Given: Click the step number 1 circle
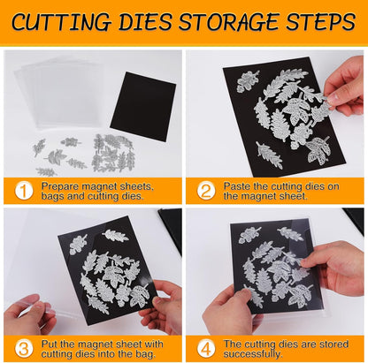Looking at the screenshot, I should click(24, 190).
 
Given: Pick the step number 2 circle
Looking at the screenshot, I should click(207, 190).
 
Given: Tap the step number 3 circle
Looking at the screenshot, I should click(24, 346).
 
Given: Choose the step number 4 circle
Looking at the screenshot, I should click(207, 346).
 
